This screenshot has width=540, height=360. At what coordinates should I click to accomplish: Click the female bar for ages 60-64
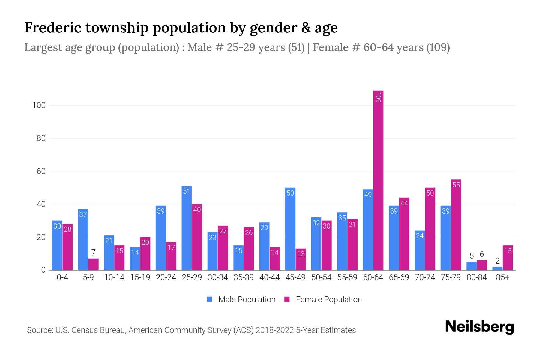378,180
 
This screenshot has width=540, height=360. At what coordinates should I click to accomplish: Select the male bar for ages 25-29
187,228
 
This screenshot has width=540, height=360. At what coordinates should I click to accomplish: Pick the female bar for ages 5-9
93,264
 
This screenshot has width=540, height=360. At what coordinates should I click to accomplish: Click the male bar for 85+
497,268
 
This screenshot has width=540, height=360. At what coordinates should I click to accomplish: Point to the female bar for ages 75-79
456,225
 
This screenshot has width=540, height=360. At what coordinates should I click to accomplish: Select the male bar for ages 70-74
420,250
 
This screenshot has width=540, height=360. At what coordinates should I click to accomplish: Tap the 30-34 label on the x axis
218,277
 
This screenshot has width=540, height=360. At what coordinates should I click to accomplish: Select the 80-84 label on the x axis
477,277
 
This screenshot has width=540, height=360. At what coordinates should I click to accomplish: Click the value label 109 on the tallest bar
378,97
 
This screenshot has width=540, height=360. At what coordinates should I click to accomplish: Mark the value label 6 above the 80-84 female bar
482,254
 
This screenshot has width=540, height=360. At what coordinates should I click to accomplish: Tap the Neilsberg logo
479,327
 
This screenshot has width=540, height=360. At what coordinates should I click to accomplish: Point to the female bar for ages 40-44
275,259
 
